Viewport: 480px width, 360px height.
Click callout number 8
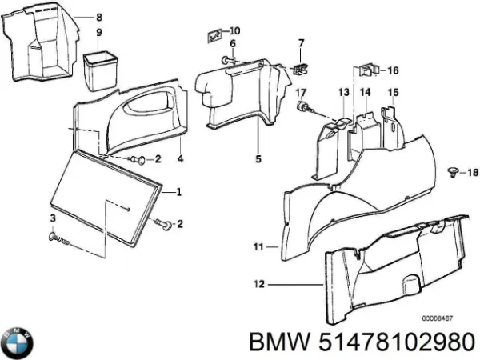(99, 17)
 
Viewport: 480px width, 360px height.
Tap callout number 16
(392, 70)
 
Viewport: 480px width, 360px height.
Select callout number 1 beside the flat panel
(178, 191)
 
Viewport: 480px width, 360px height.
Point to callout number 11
(258, 248)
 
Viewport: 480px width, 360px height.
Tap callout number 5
(258, 159)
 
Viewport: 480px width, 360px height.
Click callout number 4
(181, 159)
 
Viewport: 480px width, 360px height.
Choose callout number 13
(343, 93)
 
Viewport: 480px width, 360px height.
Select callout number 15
(392, 93)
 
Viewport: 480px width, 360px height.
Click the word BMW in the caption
(278, 342)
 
